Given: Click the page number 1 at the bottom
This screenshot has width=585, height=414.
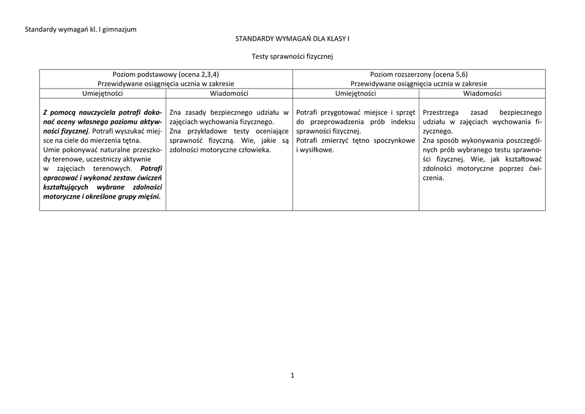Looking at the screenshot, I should [292, 375].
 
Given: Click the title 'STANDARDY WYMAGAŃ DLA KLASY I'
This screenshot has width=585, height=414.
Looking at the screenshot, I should [292, 38].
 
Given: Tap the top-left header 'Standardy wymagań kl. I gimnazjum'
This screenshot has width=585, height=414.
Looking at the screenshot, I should [81, 29].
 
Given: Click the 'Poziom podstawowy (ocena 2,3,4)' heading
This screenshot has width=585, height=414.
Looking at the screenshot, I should [166, 74].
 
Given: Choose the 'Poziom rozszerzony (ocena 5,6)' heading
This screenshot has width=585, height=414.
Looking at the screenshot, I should [419, 74].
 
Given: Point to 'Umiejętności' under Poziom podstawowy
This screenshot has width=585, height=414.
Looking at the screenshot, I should [102, 93].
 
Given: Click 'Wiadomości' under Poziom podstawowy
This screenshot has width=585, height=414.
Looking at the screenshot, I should [229, 93].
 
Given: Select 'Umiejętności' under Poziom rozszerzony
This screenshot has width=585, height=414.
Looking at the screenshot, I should [355, 93].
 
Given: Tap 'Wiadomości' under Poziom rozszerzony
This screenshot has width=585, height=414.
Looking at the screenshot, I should [482, 93].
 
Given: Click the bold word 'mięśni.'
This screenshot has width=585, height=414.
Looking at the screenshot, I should [149, 196].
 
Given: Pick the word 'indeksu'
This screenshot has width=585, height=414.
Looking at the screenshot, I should [403, 122].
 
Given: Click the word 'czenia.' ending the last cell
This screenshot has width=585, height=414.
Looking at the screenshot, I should [433, 178].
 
